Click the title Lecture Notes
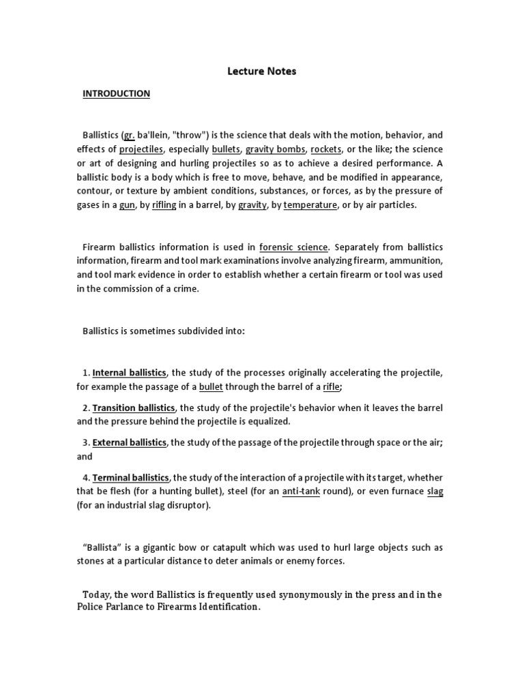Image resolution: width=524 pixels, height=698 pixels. [262, 71]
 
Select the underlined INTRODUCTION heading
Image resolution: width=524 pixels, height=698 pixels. [116, 93]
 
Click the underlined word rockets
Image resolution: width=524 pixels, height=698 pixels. [325, 149]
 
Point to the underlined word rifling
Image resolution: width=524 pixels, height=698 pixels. [164, 204]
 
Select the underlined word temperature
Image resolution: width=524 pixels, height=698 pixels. [310, 204]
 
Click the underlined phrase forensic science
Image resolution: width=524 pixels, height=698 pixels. [293, 247]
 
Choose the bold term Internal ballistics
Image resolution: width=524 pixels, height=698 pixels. [129, 372]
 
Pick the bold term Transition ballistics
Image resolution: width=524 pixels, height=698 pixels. [134, 408]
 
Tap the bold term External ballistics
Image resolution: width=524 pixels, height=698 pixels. [129, 442]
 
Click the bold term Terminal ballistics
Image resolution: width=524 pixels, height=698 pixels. [130, 477]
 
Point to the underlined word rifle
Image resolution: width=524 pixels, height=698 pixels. [331, 386]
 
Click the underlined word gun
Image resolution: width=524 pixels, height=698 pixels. [127, 204]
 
